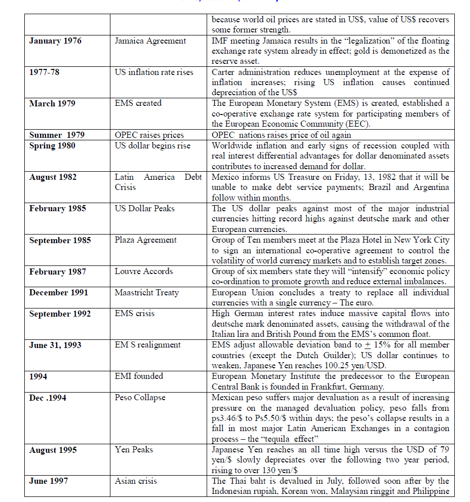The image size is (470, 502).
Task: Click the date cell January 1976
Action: [55, 41]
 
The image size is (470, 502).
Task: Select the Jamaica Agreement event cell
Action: [150, 41]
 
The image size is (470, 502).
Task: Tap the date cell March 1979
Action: [52, 103]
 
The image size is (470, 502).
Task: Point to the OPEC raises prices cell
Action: [149, 135]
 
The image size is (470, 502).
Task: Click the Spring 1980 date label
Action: [52, 145]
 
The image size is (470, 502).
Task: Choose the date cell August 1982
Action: [53, 177]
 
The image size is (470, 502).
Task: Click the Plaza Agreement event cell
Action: [145, 240]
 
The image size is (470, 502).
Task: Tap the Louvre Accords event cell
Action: [144, 271]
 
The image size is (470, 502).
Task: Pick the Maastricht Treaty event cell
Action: [146, 292]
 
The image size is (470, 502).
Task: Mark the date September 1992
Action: [60, 314]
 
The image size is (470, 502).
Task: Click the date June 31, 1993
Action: [55, 345]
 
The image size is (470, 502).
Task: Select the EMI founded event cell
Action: [139, 376]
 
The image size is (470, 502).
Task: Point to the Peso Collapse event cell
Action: [140, 398]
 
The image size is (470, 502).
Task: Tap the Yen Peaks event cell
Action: [134, 449]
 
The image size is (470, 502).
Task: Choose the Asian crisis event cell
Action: [136, 481]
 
